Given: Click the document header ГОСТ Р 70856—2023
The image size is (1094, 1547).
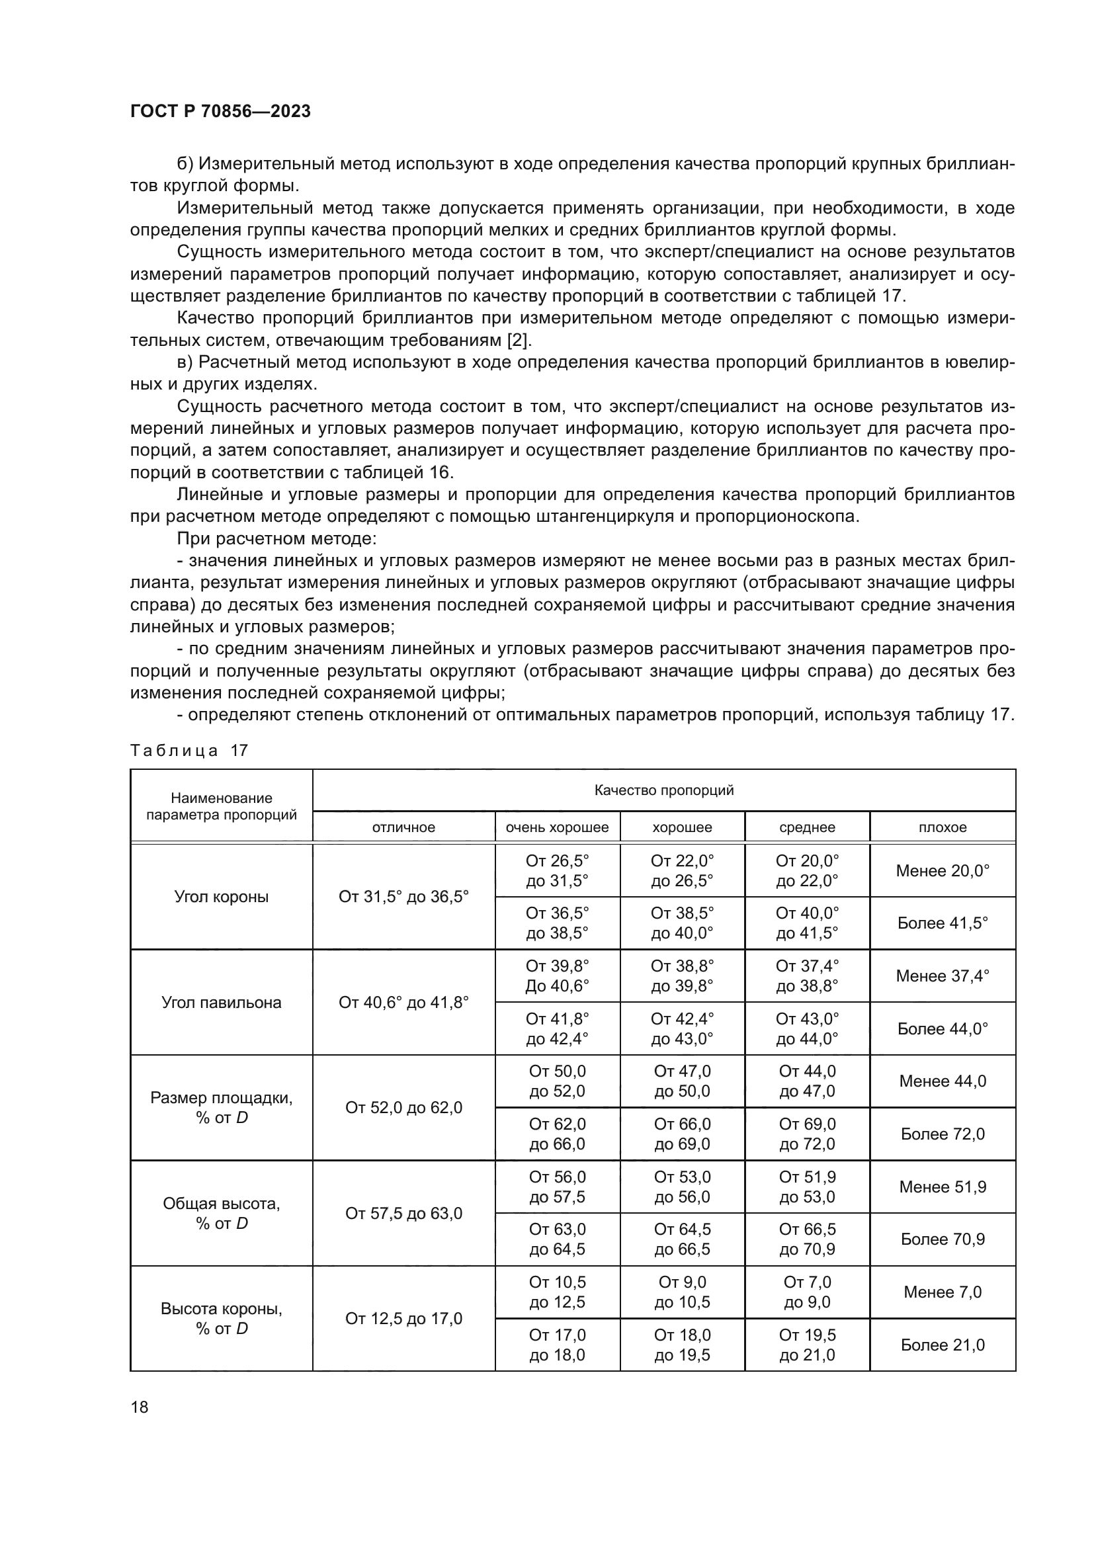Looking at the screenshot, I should click(x=220, y=112).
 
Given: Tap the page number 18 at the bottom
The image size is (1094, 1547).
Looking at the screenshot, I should click(x=140, y=1407).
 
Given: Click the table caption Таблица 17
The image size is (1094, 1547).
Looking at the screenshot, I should click(x=189, y=751).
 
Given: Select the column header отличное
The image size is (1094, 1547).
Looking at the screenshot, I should click(x=403, y=827).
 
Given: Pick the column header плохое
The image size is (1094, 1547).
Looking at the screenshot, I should click(x=943, y=827).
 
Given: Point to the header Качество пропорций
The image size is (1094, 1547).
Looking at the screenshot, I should click(x=663, y=790).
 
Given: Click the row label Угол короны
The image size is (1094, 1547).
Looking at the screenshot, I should click(x=221, y=897).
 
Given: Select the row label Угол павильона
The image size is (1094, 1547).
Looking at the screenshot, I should click(x=221, y=1002).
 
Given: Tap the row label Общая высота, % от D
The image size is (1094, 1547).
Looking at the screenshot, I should click(x=221, y=1214).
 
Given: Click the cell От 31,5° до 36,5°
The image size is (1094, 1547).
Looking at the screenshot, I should click(x=403, y=897).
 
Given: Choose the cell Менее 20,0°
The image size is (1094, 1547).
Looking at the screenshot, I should click(x=943, y=870).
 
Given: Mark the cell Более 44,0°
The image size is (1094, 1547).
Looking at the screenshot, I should click(x=943, y=1029).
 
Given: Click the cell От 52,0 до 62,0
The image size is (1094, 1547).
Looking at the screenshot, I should click(x=403, y=1108).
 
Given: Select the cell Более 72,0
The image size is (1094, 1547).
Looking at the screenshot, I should click(x=943, y=1134).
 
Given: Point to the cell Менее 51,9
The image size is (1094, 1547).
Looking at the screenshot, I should click(x=943, y=1187).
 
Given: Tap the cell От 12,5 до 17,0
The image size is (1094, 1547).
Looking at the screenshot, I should click(x=403, y=1319).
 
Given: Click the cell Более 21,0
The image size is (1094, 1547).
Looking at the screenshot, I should click(x=943, y=1345).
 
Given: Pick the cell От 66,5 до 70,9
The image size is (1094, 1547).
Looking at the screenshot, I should click(x=807, y=1239).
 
